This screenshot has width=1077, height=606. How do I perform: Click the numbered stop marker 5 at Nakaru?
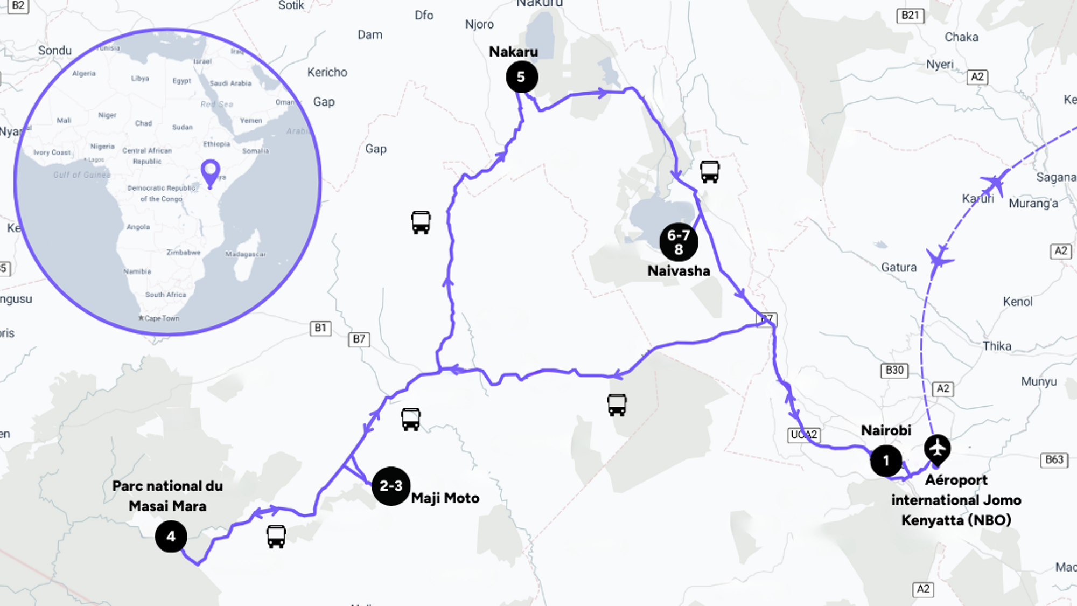pyautogui.click(x=522, y=77)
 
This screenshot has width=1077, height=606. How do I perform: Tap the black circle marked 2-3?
pyautogui.click(x=391, y=486)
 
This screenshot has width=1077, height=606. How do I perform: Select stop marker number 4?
pyautogui.click(x=171, y=537)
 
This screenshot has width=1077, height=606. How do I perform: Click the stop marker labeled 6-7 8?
pyautogui.click(x=679, y=242)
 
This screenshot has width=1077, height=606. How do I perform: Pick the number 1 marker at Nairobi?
pyautogui.click(x=886, y=461)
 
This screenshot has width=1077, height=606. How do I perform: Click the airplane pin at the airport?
pyautogui.click(x=938, y=449)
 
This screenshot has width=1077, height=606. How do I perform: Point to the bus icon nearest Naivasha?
pyautogui.click(x=710, y=172)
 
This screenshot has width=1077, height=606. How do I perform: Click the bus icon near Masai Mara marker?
pyautogui.click(x=276, y=537)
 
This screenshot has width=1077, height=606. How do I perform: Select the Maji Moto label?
pyautogui.click(x=445, y=498)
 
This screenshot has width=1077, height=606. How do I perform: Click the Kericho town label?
pyautogui.click(x=327, y=73)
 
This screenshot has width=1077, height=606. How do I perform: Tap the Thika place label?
pyautogui.click(x=997, y=346)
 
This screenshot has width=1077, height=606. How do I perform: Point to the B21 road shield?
pyautogui.click(x=910, y=16)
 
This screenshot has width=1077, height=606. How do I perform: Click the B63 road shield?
pyautogui.click(x=1054, y=459)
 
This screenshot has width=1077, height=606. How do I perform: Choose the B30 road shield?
pyautogui.click(x=894, y=370)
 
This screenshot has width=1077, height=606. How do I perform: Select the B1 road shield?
pyautogui.click(x=320, y=328)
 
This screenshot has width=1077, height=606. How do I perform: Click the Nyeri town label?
pyautogui.click(x=940, y=65)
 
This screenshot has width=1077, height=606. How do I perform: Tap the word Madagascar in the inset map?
pyautogui.click(x=246, y=254)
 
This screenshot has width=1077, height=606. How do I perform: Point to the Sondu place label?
pyautogui.click(x=55, y=51)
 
